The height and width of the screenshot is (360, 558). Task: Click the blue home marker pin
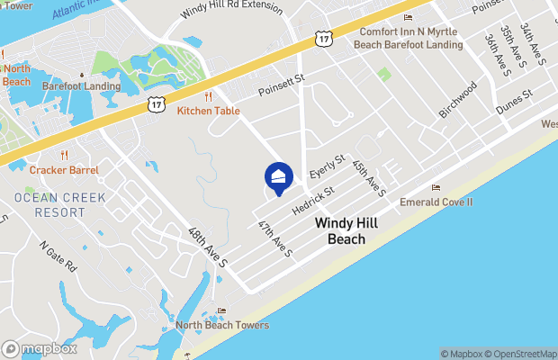(x=279, y=178)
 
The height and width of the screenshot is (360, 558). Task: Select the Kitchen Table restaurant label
(x=208, y=110)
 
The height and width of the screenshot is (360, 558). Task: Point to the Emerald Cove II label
(x=436, y=202)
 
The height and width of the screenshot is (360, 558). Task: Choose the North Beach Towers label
(x=220, y=325)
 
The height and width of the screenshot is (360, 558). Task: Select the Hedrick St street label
(x=313, y=201)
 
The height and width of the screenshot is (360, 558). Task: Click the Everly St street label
(x=328, y=166)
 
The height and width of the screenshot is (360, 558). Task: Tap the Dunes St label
(x=514, y=100)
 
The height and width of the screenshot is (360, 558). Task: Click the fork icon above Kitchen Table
(x=208, y=95)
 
